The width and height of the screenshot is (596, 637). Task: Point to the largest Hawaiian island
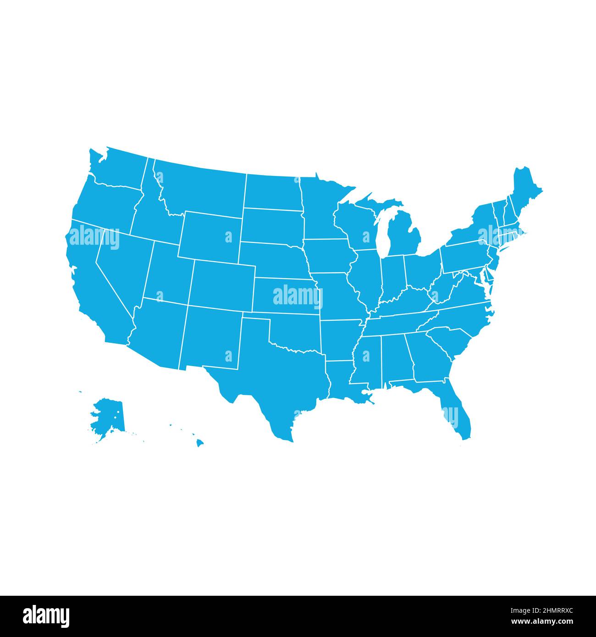(x=200, y=443)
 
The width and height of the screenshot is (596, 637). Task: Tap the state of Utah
(x=167, y=275)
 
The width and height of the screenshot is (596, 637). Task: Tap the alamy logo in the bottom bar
(x=46, y=616)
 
